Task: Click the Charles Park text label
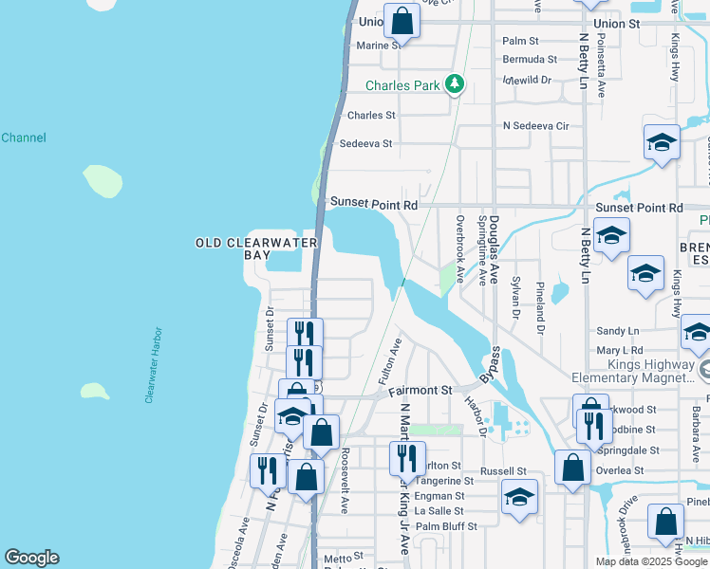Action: click(403, 85)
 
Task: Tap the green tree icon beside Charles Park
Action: click(456, 85)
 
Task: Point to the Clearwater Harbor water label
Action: click(153, 366)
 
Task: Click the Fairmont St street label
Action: click(420, 390)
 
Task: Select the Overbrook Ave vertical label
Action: click(460, 249)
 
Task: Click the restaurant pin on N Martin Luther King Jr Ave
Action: click(406, 458)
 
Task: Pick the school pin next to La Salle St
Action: click(519, 498)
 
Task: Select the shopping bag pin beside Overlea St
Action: click(572, 468)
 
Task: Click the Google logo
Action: click(31, 558)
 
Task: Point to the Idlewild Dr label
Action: click(527, 80)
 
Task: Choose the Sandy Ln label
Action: click(618, 331)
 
